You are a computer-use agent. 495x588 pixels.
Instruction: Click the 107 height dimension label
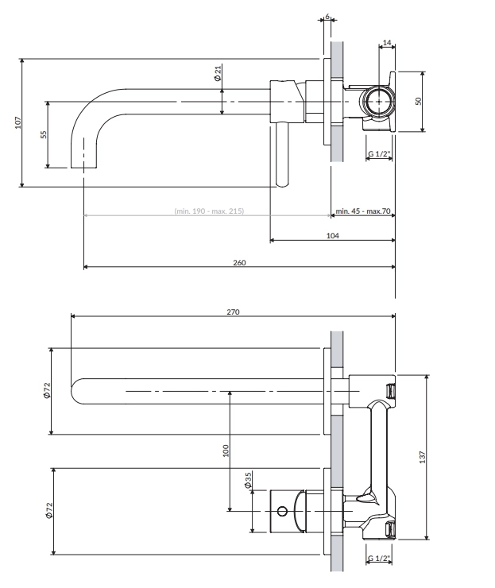click(17, 122)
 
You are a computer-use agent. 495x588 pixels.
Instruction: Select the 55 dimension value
click(44, 134)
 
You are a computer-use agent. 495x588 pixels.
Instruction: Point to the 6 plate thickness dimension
click(327, 16)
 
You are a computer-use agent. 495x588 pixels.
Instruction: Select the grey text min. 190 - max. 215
click(208, 211)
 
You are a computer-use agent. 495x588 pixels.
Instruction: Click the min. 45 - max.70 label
click(363, 211)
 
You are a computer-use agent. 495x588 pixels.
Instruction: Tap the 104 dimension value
click(332, 236)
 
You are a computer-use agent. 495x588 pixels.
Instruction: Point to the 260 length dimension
click(238, 263)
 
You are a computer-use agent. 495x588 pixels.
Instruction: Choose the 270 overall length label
click(233, 312)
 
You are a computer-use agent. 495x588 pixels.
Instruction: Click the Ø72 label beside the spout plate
click(47, 390)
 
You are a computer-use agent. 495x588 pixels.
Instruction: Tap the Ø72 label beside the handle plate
click(47, 510)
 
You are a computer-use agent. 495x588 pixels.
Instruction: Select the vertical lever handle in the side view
click(280, 156)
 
